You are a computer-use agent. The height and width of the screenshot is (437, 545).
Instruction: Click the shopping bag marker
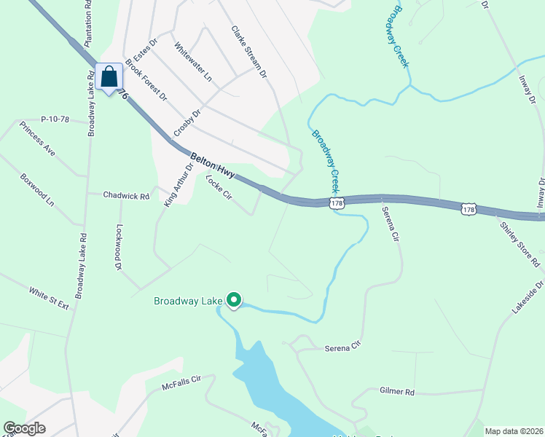coord(109,76)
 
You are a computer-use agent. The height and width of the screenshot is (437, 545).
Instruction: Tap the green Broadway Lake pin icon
coord(234,299)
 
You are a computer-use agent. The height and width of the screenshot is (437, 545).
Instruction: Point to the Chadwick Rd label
coord(126,195)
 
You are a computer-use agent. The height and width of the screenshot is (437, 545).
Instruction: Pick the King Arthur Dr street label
coord(179,185)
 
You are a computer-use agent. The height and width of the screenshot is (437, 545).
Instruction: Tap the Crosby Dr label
coord(187,123)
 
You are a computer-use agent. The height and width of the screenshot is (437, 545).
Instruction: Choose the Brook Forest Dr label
coord(146,79)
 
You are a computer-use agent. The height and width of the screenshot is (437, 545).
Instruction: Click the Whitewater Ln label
coord(193,61)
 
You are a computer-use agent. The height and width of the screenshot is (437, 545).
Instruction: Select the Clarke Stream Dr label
coord(249,51)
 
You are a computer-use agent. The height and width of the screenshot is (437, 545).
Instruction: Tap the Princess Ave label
coord(38,139)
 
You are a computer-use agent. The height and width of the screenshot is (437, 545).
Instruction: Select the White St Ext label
coord(49,299)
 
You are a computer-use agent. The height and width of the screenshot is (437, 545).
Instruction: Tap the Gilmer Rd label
coord(397,392)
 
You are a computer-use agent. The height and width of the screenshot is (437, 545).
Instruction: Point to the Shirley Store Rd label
coord(519,244)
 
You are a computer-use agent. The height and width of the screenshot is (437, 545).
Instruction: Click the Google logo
coord(24,428)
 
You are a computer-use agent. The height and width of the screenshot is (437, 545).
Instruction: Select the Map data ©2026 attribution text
coord(513,431)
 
